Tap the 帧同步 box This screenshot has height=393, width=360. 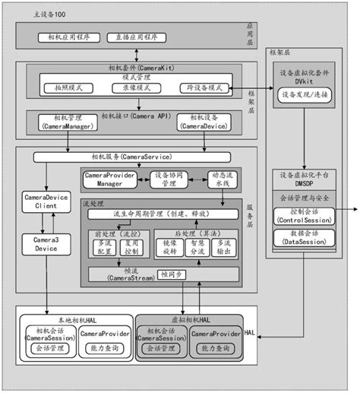coord(172,274)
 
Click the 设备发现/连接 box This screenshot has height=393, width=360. coord(303,96)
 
